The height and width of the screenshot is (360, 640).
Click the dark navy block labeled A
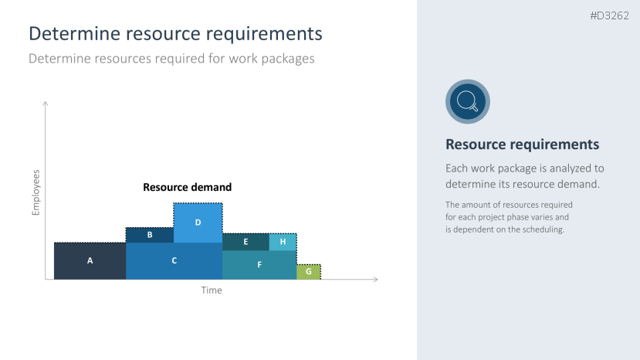point(90,261)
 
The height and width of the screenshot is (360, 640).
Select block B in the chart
point(150,236)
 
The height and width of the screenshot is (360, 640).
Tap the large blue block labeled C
point(174,261)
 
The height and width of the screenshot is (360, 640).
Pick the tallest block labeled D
point(198,222)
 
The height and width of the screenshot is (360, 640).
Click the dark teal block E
point(246,243)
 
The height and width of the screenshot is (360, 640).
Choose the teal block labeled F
point(259,265)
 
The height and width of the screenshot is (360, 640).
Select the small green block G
point(309,272)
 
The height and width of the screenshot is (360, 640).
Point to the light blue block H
point(283,243)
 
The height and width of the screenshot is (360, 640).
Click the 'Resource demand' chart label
point(188,187)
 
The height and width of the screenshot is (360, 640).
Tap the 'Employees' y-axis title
point(36,192)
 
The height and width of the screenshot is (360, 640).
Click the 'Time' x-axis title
point(212,290)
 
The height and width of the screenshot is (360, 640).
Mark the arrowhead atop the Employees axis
point(46,104)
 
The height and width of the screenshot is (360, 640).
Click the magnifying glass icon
point(468,101)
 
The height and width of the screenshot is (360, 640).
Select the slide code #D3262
point(609,16)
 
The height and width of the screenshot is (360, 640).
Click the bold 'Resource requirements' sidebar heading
point(523,144)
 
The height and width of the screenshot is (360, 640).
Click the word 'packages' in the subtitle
point(288,59)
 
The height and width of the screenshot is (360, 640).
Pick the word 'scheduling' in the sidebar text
point(543,229)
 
